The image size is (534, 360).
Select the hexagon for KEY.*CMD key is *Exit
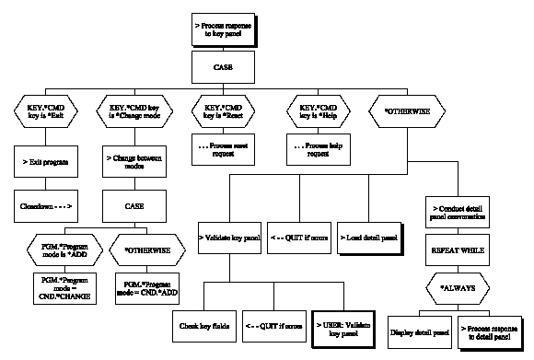(x=46, y=116)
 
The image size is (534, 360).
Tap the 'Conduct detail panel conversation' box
(x=459, y=208)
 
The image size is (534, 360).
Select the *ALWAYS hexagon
(x=459, y=287)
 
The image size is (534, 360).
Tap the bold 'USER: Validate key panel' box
(x=346, y=324)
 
